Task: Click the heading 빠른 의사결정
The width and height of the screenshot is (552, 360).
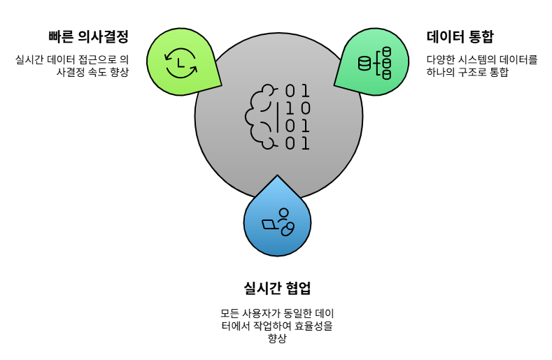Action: pos(89,36)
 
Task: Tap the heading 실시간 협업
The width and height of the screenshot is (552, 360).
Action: pos(277,287)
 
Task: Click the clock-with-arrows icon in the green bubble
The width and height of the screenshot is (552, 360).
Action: pos(181,62)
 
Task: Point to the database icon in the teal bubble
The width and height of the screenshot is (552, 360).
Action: pos(374,63)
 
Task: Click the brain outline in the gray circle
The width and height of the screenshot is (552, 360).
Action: pos(259,117)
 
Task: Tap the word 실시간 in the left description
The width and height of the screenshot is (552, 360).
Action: pos(29,60)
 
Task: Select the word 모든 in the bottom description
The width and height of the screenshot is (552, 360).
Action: pos(230,313)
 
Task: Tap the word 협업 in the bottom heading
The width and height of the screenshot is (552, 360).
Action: pos(295,287)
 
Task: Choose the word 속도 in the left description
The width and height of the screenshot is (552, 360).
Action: pos(97,73)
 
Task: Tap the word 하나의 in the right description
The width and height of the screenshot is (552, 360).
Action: pos(441,73)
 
